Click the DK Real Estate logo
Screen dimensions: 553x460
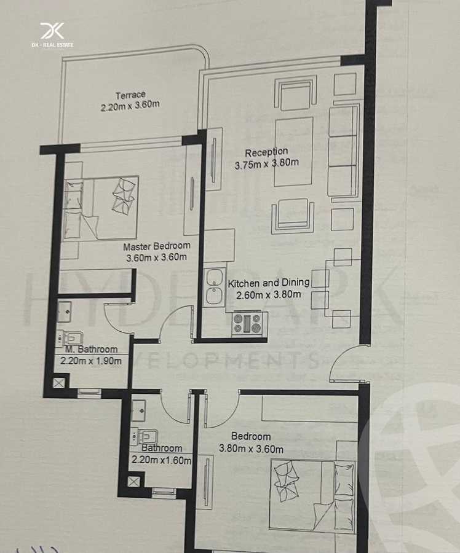pyautogui.click(x=52, y=34)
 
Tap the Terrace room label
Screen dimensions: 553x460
pyautogui.click(x=130, y=95)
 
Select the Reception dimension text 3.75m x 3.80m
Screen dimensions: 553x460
pyautogui.click(x=266, y=164)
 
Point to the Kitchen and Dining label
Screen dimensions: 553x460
pyautogui.click(x=269, y=283)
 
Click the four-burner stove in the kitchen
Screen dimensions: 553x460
pyautogui.click(x=247, y=324)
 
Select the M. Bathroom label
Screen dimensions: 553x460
pyautogui.click(x=91, y=350)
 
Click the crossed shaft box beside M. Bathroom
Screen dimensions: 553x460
pyautogui.click(x=58, y=383)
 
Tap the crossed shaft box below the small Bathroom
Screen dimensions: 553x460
pyautogui.click(x=133, y=481)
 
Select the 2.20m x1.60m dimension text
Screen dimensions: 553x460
pyautogui.click(x=161, y=459)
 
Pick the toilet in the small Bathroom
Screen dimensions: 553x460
pyautogui.click(x=145, y=437)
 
